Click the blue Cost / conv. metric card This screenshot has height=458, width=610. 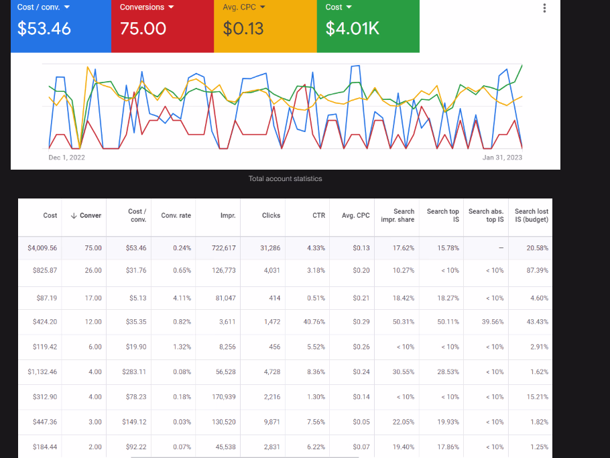[x=60, y=25]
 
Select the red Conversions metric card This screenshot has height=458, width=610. [x=162, y=25]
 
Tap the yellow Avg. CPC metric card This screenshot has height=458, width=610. [x=265, y=25]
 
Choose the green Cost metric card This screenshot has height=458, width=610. [x=368, y=25]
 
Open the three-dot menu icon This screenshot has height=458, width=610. [x=544, y=8]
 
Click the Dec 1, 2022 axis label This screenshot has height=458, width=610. [x=67, y=158]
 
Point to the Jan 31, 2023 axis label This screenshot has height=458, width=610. [x=502, y=158]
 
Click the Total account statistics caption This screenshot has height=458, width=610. [x=285, y=178]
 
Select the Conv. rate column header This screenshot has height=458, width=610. [x=176, y=215]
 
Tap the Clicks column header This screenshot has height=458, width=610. [x=271, y=215]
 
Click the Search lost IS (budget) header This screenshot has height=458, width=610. [x=531, y=215]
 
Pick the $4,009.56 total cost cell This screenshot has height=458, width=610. [x=42, y=248]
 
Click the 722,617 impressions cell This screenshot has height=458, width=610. [x=223, y=248]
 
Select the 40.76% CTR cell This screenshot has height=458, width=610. [x=313, y=322]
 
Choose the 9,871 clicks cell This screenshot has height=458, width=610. [x=270, y=422]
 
